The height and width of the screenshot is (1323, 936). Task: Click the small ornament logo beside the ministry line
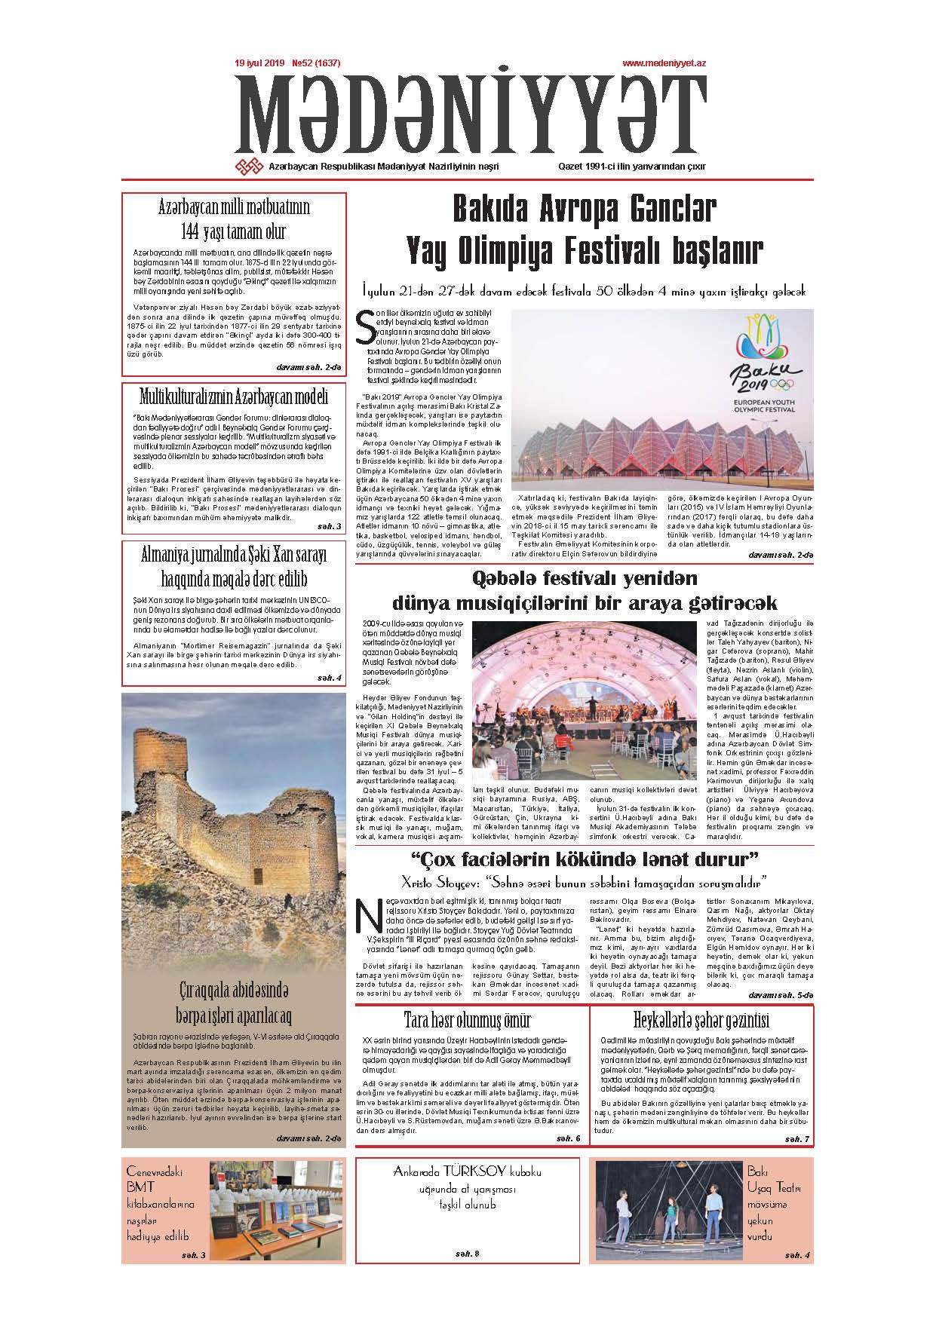249,167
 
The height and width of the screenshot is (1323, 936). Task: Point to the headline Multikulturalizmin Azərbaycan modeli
234,396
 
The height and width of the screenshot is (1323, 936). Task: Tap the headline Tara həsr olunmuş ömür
467,1021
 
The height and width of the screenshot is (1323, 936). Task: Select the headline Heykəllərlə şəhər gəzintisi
701,1021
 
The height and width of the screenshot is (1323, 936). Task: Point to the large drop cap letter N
369,916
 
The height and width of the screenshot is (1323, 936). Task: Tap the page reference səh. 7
796,1138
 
